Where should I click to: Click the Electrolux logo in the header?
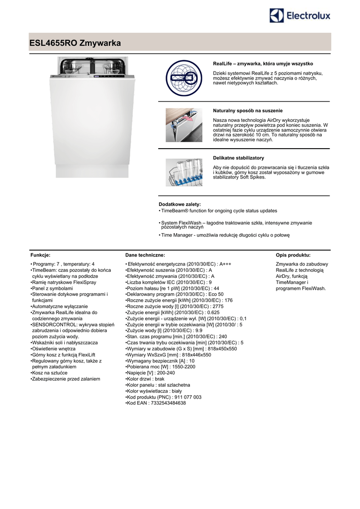pyautogui.click(x=299, y=16)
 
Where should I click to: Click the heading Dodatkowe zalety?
pyautogui.click(x=180, y=204)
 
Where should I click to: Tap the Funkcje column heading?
pyautogui.click(x=40, y=254)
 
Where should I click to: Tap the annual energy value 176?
pyautogui.click(x=228, y=300)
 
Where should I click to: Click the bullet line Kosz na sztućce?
pyautogui.click(x=50, y=373)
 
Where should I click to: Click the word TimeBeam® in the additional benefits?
pyautogui.click(x=175, y=211)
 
